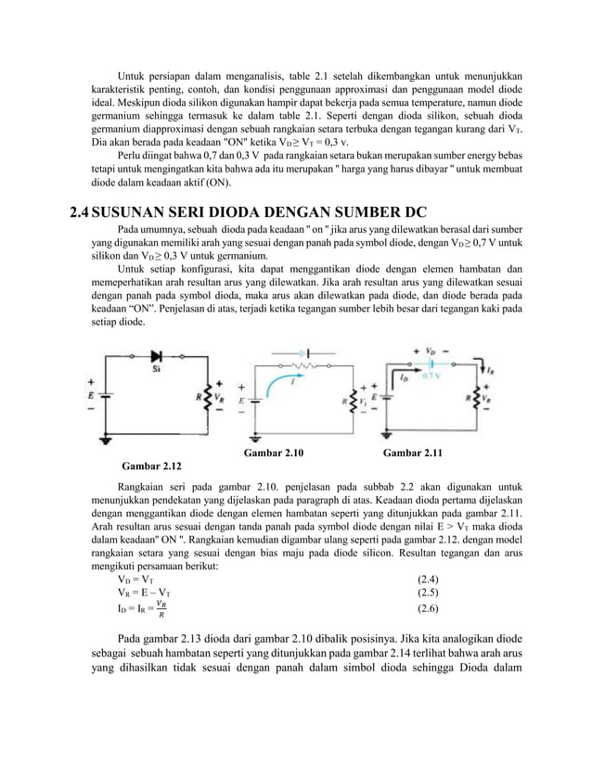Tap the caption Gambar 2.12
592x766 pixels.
tap(152, 465)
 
